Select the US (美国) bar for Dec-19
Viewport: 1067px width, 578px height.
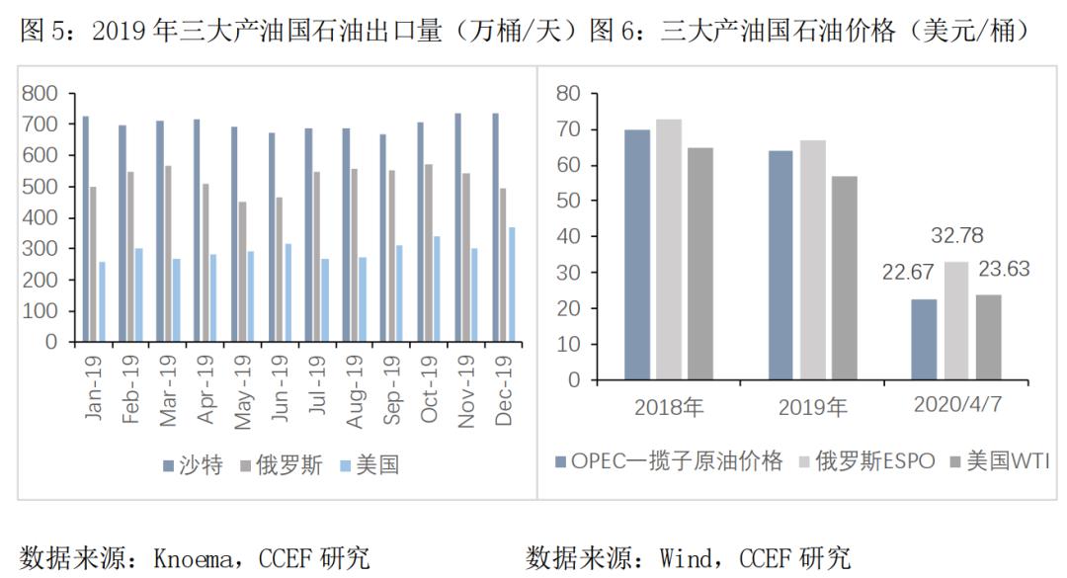point(511,285)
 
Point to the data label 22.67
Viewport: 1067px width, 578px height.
point(907,271)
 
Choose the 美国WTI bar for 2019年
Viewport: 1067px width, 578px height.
point(845,278)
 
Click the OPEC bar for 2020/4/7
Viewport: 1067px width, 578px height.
point(924,339)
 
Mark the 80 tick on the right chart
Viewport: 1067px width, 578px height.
point(567,93)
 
